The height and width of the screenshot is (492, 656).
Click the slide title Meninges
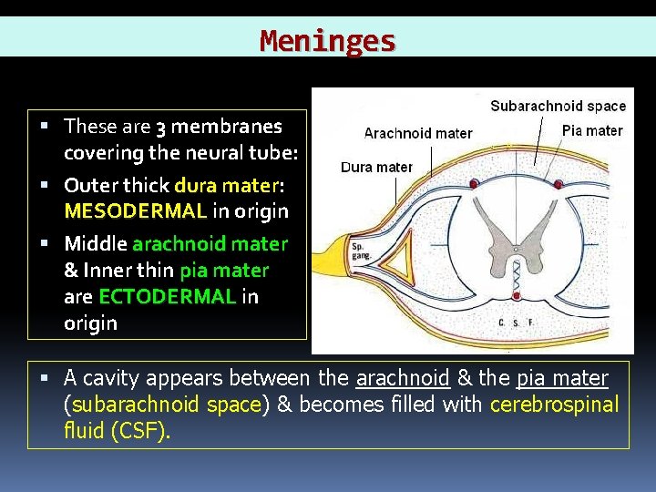[x=327, y=41]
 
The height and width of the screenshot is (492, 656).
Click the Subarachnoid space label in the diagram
[x=558, y=106]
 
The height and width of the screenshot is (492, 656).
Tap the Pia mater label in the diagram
[x=592, y=130]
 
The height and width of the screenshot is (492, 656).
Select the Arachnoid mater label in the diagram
[x=418, y=134]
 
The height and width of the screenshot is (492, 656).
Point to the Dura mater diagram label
[x=376, y=167]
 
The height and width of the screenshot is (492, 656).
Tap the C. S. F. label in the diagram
[x=517, y=323]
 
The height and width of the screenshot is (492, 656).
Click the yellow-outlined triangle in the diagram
[x=401, y=261]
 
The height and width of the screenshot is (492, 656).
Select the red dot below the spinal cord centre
[x=516, y=296]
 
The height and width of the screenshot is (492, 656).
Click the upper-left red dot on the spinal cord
[x=474, y=184]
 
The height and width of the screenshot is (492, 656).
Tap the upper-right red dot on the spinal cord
[x=559, y=184]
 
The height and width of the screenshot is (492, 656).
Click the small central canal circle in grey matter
[x=516, y=248]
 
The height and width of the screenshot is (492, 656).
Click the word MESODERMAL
[x=135, y=211]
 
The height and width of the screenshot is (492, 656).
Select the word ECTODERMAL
[x=167, y=297]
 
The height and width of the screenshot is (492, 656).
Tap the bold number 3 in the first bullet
[x=160, y=127]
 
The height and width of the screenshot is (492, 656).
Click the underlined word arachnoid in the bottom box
[x=403, y=378]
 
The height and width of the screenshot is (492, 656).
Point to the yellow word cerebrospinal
[x=554, y=405]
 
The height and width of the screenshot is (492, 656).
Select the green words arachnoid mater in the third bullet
[x=210, y=244]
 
